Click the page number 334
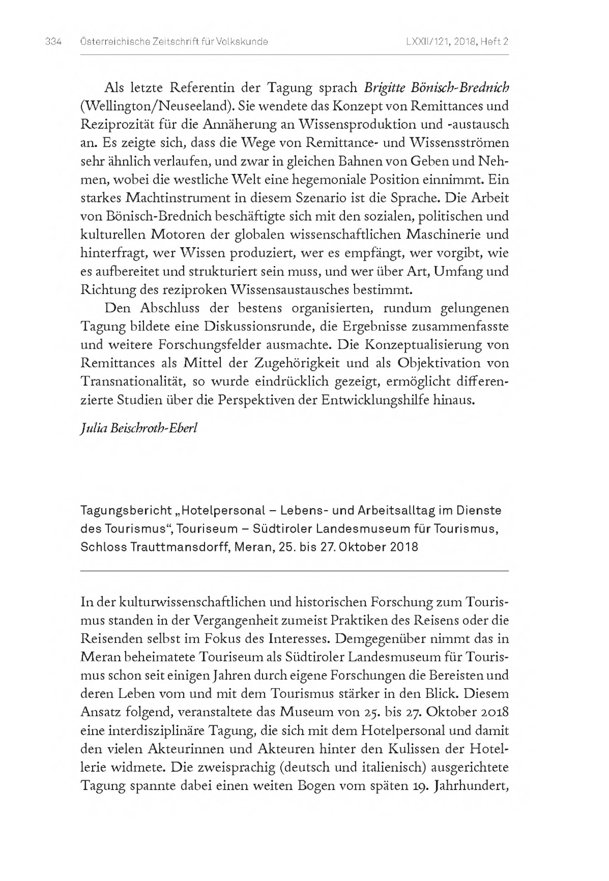click(53, 42)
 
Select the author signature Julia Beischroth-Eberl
click(139, 428)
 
